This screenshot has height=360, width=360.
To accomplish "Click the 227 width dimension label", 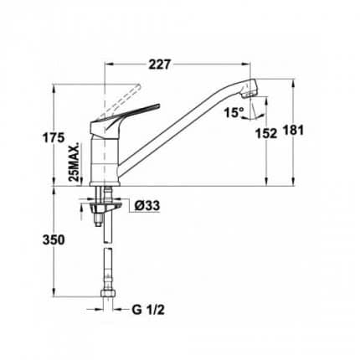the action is pos(159,64).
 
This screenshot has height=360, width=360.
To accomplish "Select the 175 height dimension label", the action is pos(54,138).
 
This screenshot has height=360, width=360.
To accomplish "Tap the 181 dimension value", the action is pos(293,131).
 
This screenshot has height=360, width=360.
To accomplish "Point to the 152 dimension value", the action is pos(266,133).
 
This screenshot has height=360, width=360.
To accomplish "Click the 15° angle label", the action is pos(234,113).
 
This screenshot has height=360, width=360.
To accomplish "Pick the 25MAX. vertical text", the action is pos(75,162).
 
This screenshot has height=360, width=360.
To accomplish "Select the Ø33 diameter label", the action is pos(147,206).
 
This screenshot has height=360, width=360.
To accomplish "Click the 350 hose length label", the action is pos(54,240).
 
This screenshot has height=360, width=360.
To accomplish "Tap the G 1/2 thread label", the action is pos(148,310).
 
